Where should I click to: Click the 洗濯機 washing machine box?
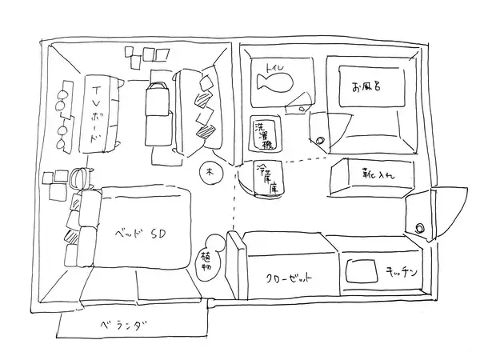262,135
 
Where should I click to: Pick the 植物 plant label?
206,261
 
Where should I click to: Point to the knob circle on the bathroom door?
320,141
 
